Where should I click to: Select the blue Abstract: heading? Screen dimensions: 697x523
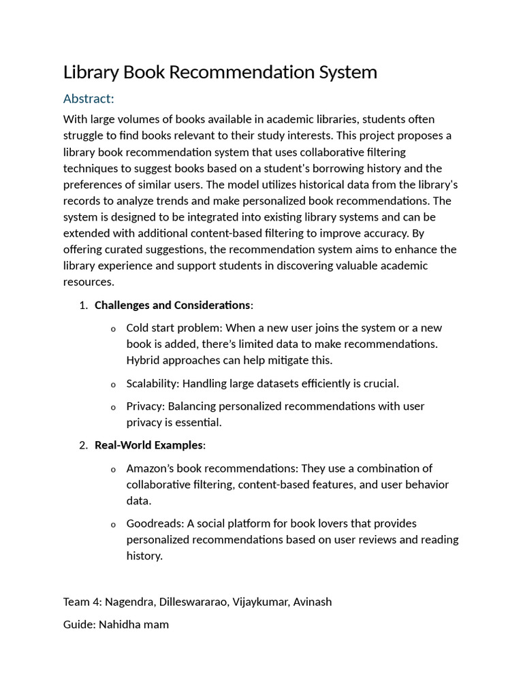click(89, 99)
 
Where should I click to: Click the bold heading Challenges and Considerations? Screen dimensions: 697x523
click(172, 305)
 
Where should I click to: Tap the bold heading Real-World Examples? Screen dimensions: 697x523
click(148, 445)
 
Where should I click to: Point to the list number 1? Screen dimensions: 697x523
click(83, 305)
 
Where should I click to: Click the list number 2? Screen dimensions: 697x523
click(83, 445)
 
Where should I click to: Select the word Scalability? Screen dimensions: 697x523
click(151, 383)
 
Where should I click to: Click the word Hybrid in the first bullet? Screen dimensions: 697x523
click(144, 360)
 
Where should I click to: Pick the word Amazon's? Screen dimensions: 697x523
click(151, 468)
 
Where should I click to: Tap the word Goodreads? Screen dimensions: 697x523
click(155, 523)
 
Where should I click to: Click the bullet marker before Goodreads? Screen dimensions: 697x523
click(113, 525)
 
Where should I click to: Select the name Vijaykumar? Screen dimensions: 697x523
click(263, 602)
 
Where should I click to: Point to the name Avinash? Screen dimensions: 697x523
click(313, 602)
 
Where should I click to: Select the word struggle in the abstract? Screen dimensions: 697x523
click(84, 135)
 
